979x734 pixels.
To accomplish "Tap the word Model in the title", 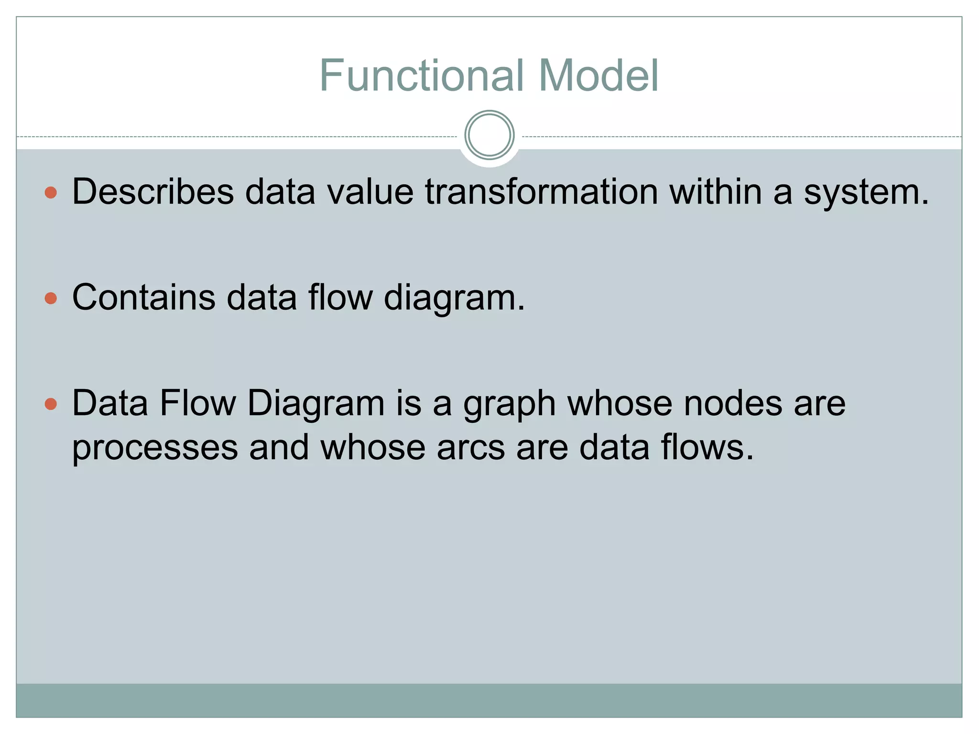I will click(598, 76).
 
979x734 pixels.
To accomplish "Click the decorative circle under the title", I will click(489, 135).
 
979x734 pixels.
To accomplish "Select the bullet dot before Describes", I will click(51, 193).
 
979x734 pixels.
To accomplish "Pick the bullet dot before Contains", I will click(51, 299).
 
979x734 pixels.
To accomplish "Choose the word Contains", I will click(143, 298).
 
